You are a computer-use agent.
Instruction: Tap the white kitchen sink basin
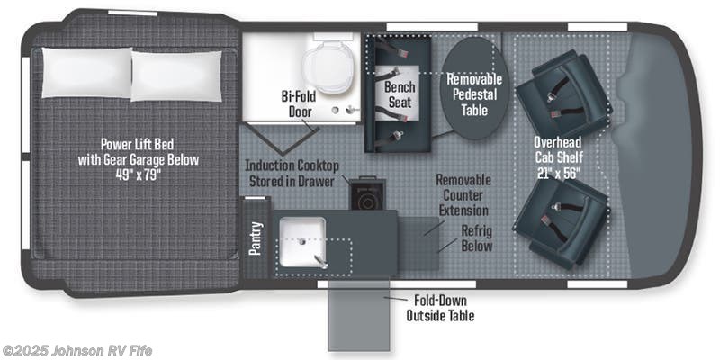[x=302, y=242]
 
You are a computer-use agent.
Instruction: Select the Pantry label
[x=256, y=238]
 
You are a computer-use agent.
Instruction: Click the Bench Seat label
[x=400, y=94]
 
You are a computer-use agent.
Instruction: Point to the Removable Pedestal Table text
[x=475, y=94]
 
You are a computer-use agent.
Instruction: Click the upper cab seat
[x=564, y=94]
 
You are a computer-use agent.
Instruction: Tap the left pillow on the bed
[x=86, y=73]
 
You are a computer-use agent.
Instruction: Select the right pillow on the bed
[x=176, y=76]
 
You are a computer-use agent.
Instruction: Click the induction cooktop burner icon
[x=366, y=200]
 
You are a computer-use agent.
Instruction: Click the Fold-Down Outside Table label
[x=440, y=308]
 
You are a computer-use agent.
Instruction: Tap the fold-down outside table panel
[x=358, y=316]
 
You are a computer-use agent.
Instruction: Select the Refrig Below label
[x=477, y=238]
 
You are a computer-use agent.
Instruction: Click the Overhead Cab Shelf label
[x=558, y=149]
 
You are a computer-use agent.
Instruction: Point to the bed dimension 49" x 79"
[x=138, y=175]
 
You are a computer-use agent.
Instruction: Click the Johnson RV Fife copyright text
[x=76, y=351]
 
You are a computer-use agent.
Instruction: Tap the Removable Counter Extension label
[x=463, y=194]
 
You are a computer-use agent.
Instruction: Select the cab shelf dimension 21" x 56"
[x=558, y=173]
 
